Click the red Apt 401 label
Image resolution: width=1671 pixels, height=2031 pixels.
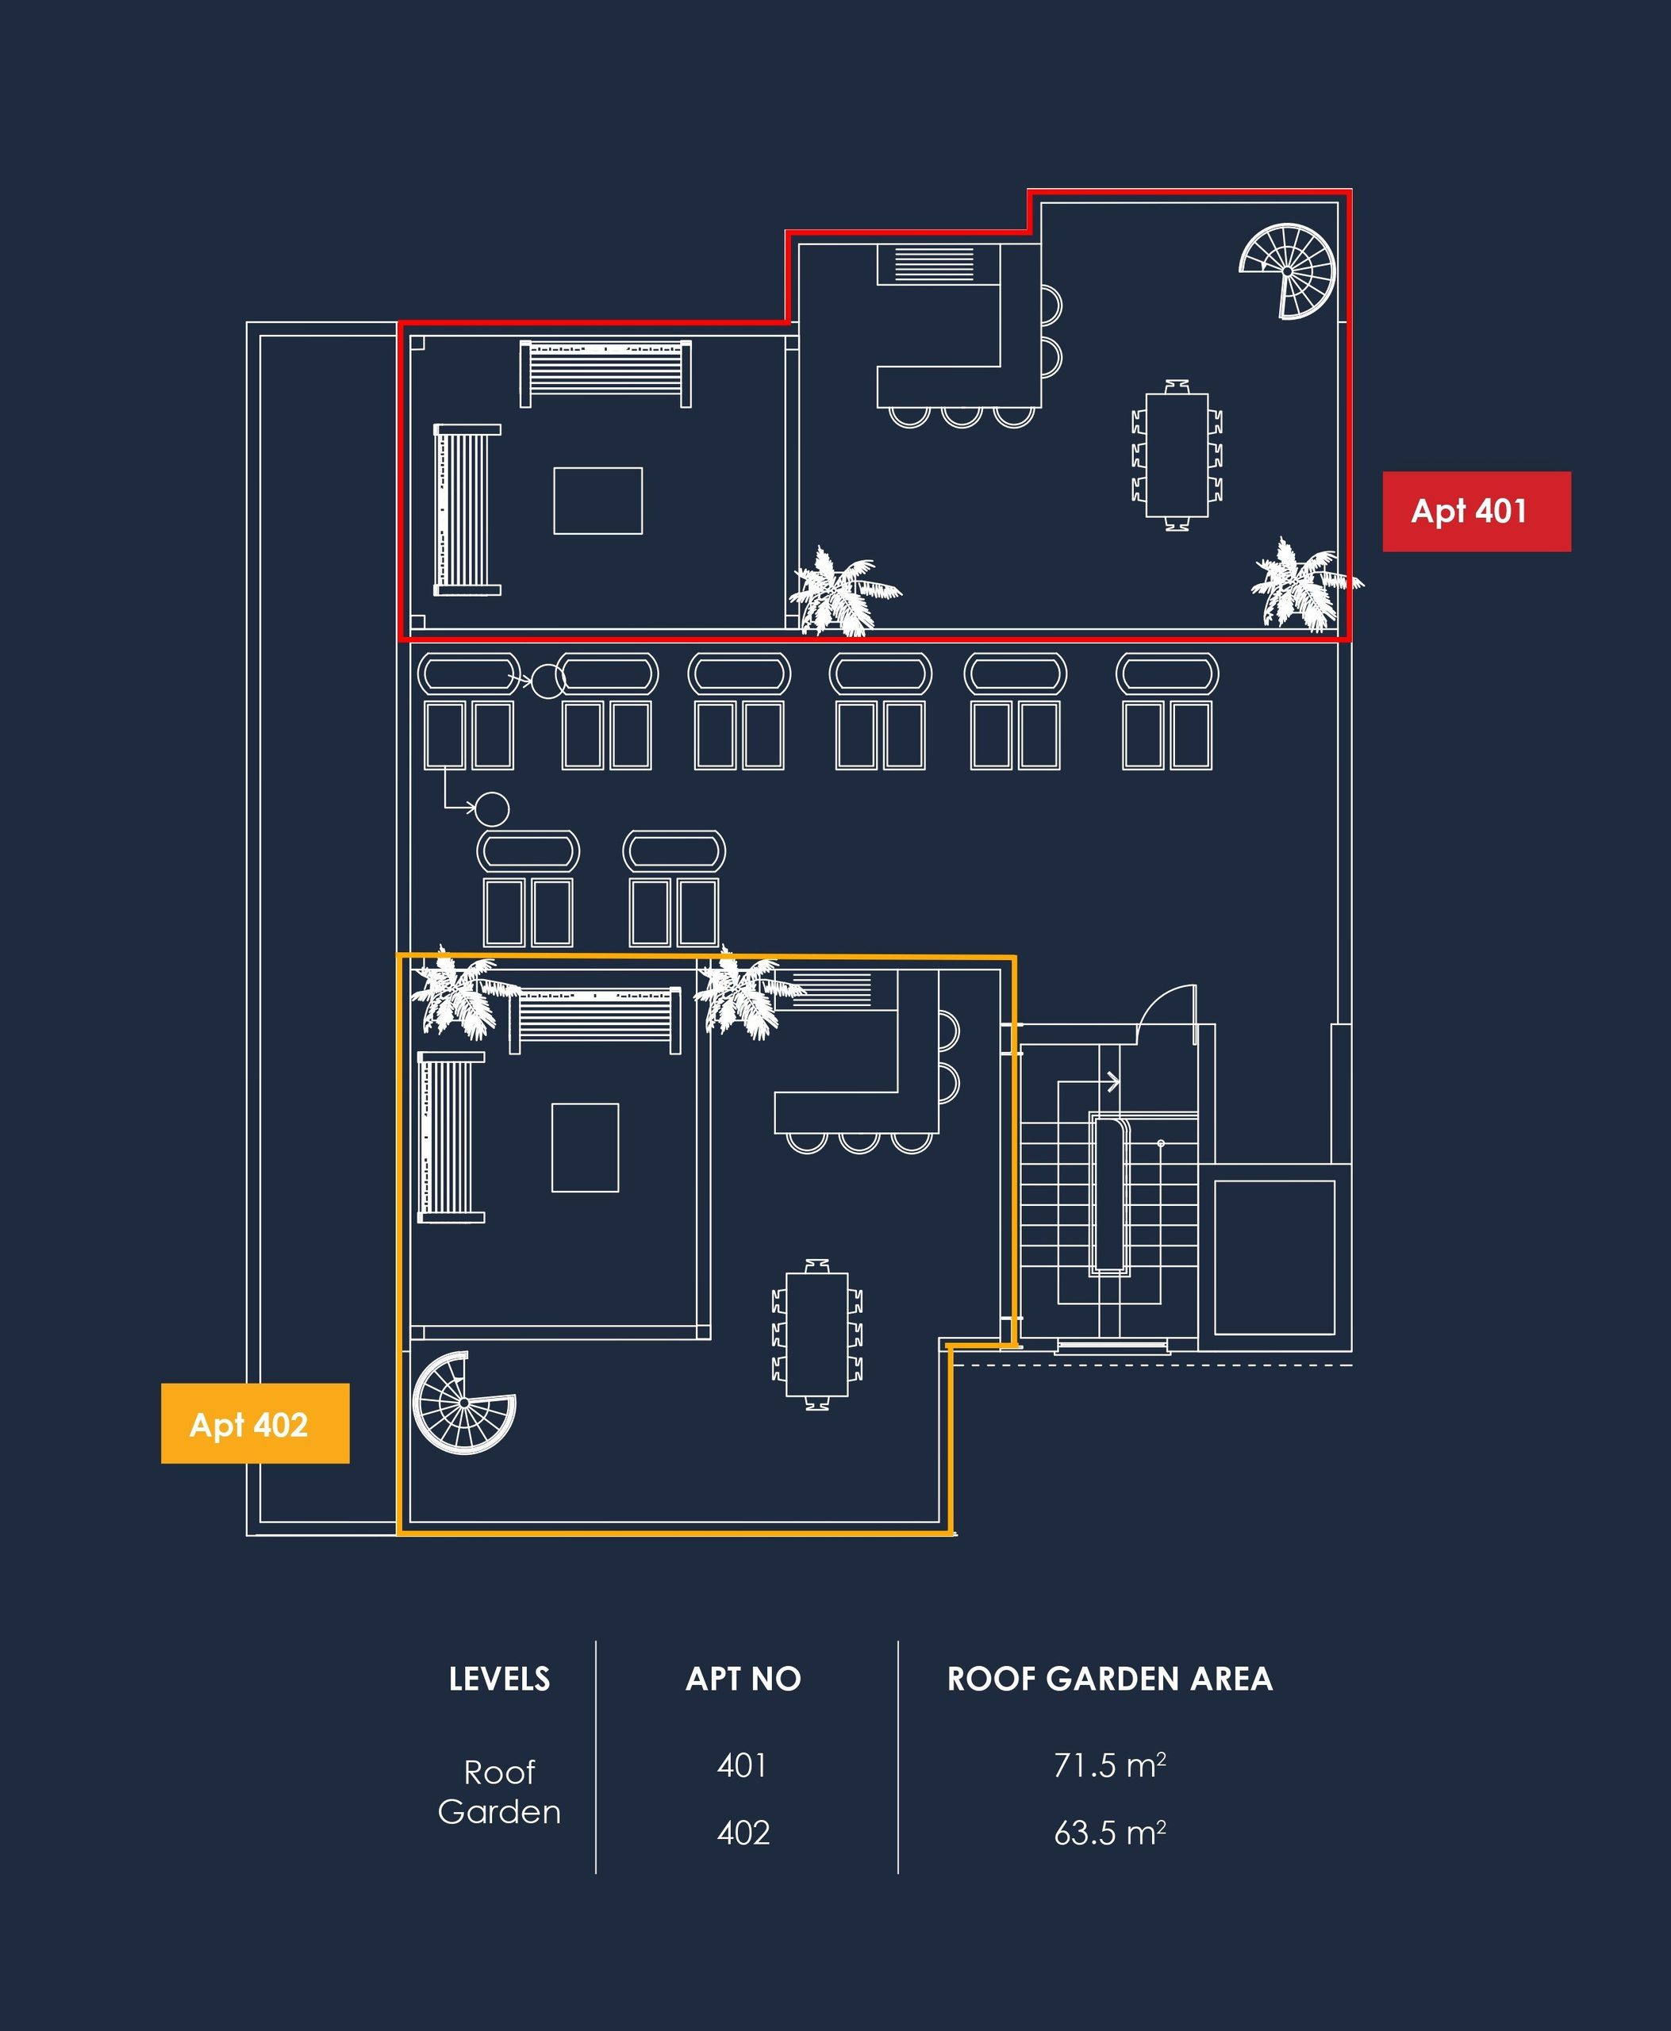(1477, 511)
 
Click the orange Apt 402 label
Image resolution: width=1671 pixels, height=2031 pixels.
(255, 1423)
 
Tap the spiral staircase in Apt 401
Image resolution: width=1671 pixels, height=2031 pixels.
(1288, 271)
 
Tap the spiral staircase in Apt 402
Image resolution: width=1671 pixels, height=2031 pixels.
(464, 1403)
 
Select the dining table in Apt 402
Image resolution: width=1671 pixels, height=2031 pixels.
(817, 1334)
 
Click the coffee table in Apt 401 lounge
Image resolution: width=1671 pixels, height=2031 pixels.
(597, 501)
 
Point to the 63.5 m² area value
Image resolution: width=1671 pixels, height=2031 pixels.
(1110, 1833)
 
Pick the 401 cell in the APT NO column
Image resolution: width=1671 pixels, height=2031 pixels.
(742, 1765)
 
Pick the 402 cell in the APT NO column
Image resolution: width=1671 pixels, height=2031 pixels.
(743, 1833)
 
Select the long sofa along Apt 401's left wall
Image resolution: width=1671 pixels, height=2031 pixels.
(467, 510)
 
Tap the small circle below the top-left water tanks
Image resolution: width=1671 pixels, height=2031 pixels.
(492, 808)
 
